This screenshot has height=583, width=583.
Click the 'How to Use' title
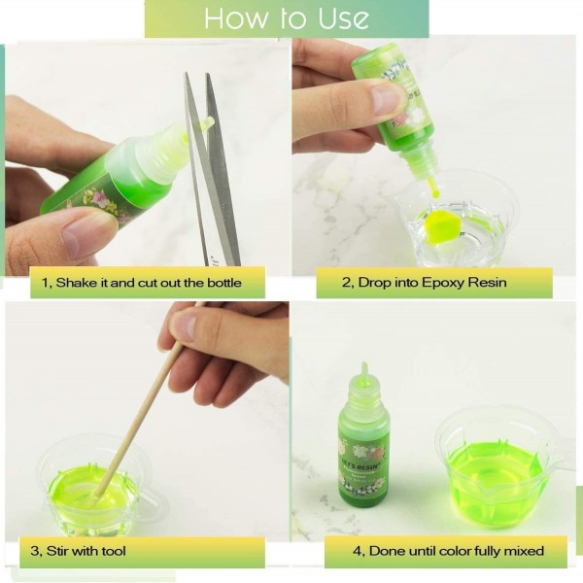coord(287,17)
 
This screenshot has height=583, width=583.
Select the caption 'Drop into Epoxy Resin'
coord(432,282)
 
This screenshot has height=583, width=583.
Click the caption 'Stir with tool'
coord(86,551)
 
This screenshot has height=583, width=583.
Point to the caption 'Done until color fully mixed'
coord(457,551)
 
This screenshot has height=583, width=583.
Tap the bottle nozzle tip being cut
coord(208,122)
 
